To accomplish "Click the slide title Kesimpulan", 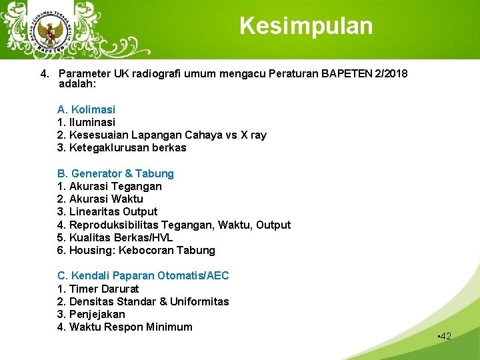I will point(306,26).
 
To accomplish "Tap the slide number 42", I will point(444,336).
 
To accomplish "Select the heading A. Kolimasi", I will point(86,109).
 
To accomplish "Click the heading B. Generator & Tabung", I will point(115,173).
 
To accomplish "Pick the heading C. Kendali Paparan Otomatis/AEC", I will point(143,275).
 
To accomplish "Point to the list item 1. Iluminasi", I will point(86,122).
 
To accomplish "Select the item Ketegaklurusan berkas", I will point(122,147).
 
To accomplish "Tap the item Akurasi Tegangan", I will point(109,186).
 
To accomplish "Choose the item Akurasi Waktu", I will point(100,199).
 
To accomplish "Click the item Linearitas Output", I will point(107,211).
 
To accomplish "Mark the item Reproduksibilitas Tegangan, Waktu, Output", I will point(173,225).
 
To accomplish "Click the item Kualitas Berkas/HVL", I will point(115,237).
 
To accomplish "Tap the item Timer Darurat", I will point(98,289).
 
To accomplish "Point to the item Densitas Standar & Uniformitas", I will point(143,301).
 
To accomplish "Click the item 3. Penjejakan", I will point(91,314).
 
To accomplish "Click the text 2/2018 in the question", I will point(391,73).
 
